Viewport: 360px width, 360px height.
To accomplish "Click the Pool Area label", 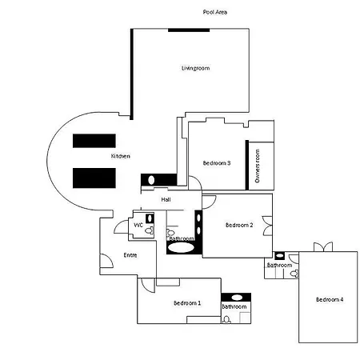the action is click(x=215, y=12).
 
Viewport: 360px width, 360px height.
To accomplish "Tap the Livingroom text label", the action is click(x=195, y=68).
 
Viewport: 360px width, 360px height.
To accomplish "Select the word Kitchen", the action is click(x=121, y=156).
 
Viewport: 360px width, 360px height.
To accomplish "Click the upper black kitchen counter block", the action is click(x=94, y=141).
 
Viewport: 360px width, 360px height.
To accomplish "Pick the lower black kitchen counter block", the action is click(x=94, y=178).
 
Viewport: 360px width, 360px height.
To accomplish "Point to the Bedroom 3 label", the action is click(x=217, y=163).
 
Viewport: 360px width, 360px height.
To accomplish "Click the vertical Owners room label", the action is click(x=258, y=166).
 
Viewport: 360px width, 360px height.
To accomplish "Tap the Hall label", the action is click(x=166, y=199).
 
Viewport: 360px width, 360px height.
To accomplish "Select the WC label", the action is click(x=138, y=226).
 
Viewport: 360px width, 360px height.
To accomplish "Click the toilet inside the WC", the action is click(x=150, y=230).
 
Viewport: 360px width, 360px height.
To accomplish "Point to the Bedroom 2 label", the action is click(x=239, y=225).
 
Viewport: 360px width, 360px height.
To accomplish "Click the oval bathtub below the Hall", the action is click(x=182, y=248).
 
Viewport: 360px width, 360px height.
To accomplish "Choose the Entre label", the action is click(x=130, y=255).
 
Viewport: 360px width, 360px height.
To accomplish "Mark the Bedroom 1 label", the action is click(x=187, y=303).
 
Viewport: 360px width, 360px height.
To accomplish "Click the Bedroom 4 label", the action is click(x=330, y=300).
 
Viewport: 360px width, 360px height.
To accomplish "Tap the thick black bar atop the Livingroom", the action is click(x=189, y=30).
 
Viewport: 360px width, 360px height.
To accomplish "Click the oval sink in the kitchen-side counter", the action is click(x=151, y=180).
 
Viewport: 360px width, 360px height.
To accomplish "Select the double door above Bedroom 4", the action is click(x=323, y=246).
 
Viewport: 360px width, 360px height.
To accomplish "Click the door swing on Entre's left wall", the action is click(x=106, y=261).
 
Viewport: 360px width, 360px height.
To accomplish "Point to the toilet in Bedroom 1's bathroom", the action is click(x=226, y=319).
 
